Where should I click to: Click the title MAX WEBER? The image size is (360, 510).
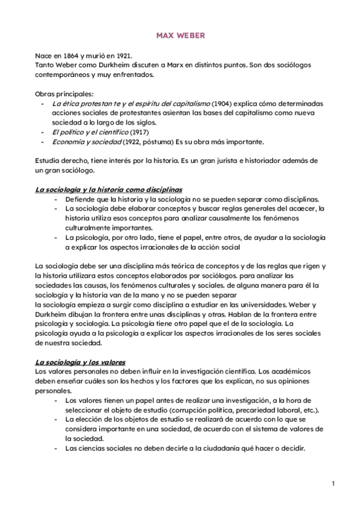180,36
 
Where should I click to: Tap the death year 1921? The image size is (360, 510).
124,55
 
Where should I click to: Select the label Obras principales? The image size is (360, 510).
64,94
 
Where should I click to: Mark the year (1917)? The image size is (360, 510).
139,132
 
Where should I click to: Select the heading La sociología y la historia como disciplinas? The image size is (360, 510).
108,190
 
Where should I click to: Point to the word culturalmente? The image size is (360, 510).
90,229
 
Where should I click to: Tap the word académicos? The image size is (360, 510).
302,372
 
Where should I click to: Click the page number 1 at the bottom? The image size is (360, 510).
332,483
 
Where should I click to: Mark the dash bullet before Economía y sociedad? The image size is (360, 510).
42,142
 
